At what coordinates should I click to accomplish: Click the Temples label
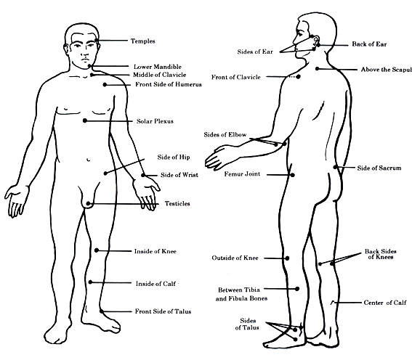[x=142, y=41]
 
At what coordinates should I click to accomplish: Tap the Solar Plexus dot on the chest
[x=85, y=120]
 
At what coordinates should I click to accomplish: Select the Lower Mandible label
[x=158, y=67]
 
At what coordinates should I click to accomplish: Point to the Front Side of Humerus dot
[x=105, y=84]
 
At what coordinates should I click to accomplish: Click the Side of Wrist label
[x=179, y=175]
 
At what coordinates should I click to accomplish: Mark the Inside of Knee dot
[x=97, y=250]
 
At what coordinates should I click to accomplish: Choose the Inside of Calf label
[x=155, y=283]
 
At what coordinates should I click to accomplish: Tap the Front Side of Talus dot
[x=102, y=311]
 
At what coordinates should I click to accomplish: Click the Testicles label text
[x=177, y=203]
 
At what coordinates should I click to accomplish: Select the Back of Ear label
[x=369, y=44]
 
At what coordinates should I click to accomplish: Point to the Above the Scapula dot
[x=317, y=68]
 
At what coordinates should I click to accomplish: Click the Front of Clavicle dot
[x=298, y=77]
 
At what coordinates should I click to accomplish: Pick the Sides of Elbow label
[x=225, y=134]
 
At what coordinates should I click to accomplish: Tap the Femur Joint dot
[x=292, y=175]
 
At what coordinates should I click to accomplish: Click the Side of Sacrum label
[x=379, y=168]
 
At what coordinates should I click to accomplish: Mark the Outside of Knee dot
[x=287, y=258]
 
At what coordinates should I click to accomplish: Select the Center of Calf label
[x=385, y=303]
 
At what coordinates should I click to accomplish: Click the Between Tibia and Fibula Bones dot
[x=297, y=289]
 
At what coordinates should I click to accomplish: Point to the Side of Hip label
[x=174, y=157]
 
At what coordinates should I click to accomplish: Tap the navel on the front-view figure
[x=89, y=160]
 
